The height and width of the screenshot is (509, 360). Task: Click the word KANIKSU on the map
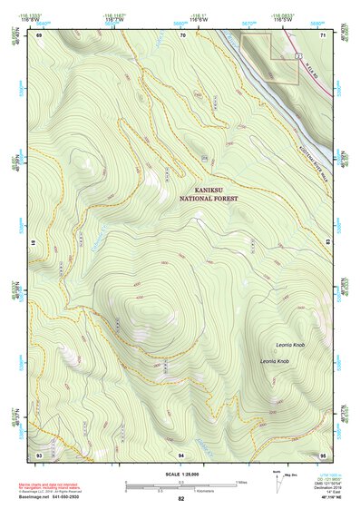point(205,189)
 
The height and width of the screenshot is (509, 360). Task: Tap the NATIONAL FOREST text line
point(205,198)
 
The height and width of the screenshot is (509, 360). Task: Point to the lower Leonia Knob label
point(274,362)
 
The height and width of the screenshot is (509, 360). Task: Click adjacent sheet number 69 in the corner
point(39,34)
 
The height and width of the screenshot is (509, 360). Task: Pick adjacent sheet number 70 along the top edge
point(182,34)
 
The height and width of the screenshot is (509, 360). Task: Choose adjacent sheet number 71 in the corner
point(323,34)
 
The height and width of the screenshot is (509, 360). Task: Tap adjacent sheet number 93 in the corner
point(39,453)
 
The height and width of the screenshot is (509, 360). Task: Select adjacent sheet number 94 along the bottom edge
point(182,453)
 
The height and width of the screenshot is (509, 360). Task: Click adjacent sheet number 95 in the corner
point(323,453)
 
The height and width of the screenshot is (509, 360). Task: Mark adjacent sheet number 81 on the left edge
point(34,243)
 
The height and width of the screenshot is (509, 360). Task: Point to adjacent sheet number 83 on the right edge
point(327,243)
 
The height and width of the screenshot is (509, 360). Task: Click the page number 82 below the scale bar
point(181,499)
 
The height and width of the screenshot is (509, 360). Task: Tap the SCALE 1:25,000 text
point(181,474)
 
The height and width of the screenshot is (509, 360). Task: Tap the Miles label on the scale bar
point(240,482)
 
